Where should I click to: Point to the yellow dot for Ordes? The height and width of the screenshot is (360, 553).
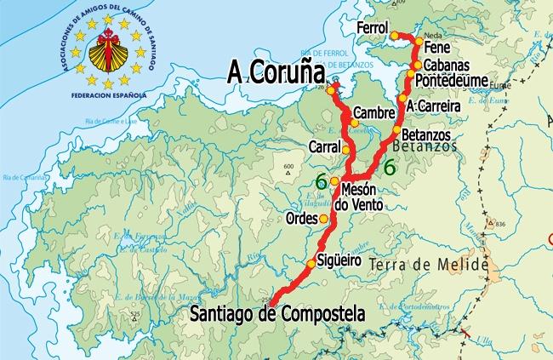323,218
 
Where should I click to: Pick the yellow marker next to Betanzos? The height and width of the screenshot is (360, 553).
396,130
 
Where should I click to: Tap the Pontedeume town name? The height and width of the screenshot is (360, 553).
451,80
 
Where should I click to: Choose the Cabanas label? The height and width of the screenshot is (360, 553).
447,65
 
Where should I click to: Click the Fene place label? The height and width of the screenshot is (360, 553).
436,49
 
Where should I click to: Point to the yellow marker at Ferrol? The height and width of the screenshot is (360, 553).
395,35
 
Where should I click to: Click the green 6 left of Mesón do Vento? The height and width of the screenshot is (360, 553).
321,180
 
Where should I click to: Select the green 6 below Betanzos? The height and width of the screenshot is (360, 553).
389,167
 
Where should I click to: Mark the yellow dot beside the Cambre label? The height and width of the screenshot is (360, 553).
354,122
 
